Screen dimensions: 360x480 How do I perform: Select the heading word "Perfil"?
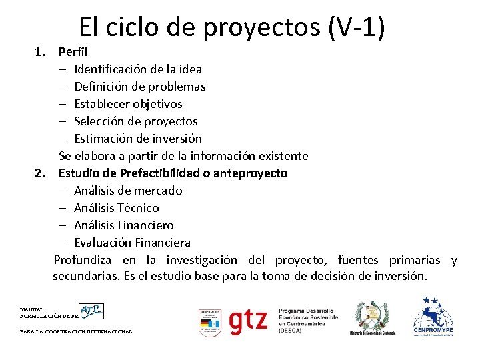pyautogui.click(x=73, y=51)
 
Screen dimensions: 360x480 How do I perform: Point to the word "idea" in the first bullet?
pyautogui.click(x=189, y=69)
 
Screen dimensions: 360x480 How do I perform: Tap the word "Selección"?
pyautogui.click(x=99, y=121)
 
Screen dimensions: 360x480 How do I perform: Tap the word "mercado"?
pyautogui.click(x=158, y=191)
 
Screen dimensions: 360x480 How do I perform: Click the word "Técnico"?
pyautogui.click(x=137, y=208)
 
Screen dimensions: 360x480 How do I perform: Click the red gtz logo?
pyautogui.click(x=248, y=321)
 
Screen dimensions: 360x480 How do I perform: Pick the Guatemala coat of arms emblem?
pyautogui.click(x=372, y=317)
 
